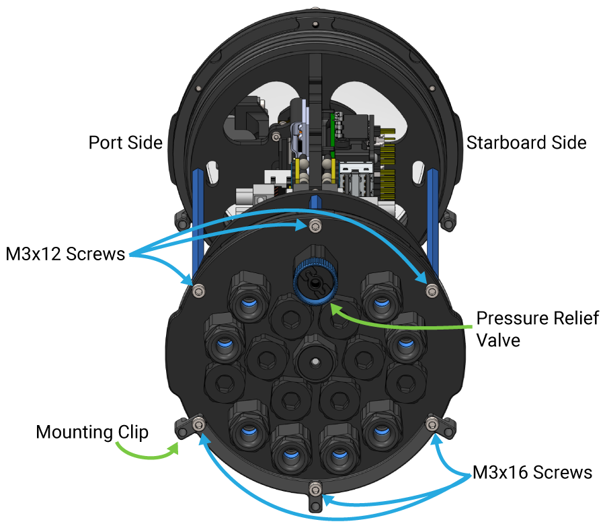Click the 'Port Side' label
[x=126, y=143]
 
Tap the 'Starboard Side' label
[x=526, y=143]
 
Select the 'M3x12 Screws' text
[x=65, y=254]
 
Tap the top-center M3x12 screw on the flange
[x=314, y=225]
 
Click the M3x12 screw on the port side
[x=198, y=289]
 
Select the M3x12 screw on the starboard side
[x=432, y=289]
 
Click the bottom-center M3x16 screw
[x=315, y=487]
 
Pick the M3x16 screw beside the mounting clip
[x=198, y=424]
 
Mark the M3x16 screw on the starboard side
[x=432, y=424]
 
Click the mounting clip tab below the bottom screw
[x=315, y=504]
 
